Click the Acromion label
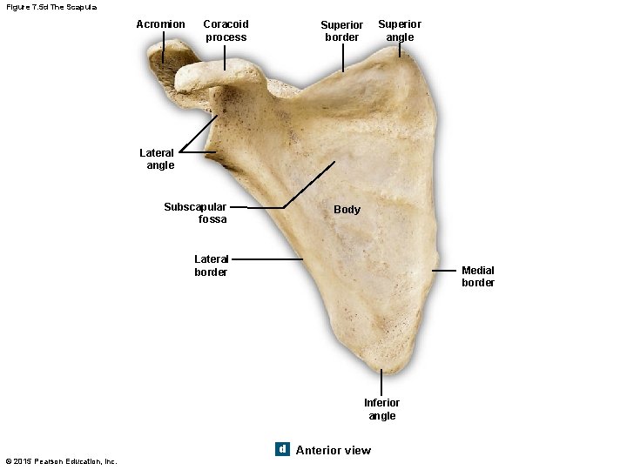click(x=160, y=24)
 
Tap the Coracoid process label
click(x=226, y=30)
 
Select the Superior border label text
click(x=341, y=31)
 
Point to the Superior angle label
click(x=400, y=30)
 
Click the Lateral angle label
click(x=157, y=159)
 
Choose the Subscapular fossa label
click(x=195, y=213)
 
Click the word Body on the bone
click(x=347, y=210)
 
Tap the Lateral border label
click(x=211, y=265)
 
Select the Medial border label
click(x=478, y=277)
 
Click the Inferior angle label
click(x=381, y=409)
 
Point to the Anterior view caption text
click(x=333, y=450)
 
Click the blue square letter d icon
click(x=281, y=449)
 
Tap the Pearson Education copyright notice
click(x=61, y=461)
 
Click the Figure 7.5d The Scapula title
click(x=51, y=7)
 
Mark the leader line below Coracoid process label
click(x=226, y=57)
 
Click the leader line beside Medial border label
click(x=445, y=271)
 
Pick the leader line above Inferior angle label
click(x=381, y=382)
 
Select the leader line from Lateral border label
click(x=267, y=259)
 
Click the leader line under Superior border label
click(x=343, y=57)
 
